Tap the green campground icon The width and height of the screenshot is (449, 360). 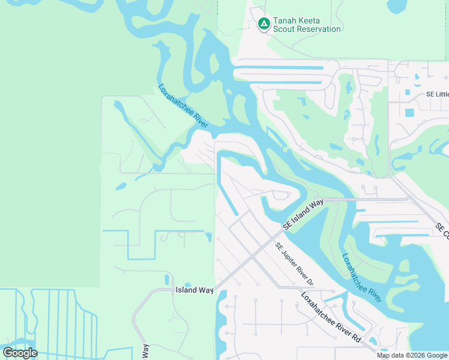point(264,24)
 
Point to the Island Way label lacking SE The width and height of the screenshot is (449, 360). point(194,290)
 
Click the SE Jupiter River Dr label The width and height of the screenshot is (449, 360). point(295,264)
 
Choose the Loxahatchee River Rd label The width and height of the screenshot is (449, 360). point(331,317)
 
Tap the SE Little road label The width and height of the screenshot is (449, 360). point(438,94)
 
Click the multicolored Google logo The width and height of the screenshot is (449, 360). point(20,353)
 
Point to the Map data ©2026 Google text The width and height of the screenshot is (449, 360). point(412,355)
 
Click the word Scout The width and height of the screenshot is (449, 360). point(286,29)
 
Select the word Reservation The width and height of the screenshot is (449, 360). point(319,29)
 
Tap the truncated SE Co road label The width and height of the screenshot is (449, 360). point(442,229)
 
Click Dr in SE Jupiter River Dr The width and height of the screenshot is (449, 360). point(310,281)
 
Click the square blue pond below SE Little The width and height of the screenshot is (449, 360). point(409,112)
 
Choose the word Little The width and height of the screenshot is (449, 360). point(442,94)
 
